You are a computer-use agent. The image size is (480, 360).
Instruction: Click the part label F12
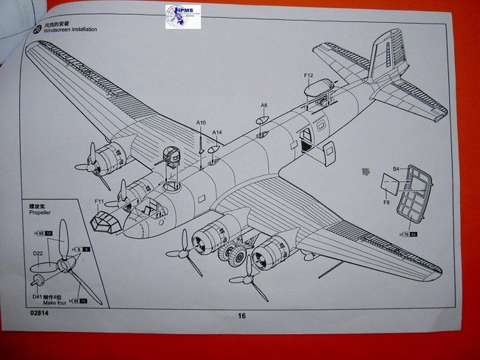click(308, 75)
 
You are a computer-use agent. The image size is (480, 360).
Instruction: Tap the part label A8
click(264, 106)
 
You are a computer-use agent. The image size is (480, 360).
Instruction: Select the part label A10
click(202, 123)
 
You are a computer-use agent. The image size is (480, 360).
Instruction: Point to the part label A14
click(216, 132)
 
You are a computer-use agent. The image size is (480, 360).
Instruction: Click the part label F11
click(99, 200)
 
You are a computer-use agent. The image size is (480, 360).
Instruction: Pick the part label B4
click(396, 169)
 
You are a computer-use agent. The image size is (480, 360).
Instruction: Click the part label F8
click(386, 202)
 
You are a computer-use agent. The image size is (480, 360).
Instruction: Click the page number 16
click(241, 316)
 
